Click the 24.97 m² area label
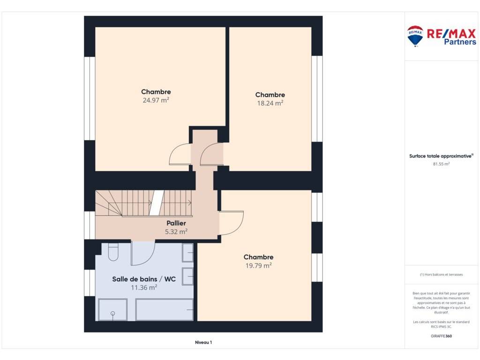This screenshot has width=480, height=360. coord(156,100)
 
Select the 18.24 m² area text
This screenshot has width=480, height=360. coord(270,103)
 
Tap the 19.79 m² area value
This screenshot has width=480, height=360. coord(258,265)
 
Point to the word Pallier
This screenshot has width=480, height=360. coord(176,223)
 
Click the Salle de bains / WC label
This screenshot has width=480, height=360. coord(144,279)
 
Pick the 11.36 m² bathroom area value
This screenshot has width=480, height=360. coord(144,287)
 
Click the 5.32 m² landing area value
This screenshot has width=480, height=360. coord(176,232)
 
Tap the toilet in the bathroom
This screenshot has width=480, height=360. coord(113,252)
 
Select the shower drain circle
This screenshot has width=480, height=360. coord(112,314)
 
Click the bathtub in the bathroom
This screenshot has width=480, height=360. coord(165,310)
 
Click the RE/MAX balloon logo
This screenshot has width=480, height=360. coord(415,36)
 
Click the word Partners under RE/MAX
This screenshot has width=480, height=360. coord(460,42)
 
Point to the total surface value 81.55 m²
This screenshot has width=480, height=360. coord(441,164)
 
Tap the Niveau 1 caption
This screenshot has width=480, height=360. coord(203,342)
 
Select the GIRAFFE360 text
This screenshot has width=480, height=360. coord(441,336)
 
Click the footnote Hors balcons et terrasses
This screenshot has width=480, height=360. coord(441,275)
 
